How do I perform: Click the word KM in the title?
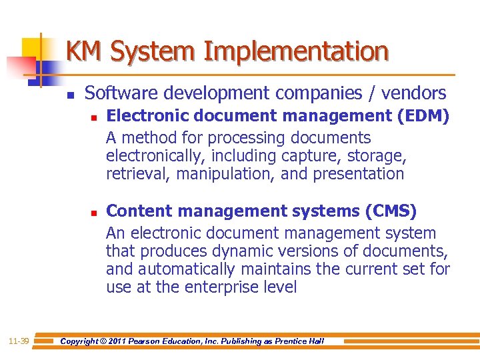(x=85, y=51)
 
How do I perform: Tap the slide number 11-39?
(x=18, y=341)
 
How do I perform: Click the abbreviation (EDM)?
(x=423, y=117)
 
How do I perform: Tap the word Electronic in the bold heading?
(x=141, y=117)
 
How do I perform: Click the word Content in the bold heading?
(x=133, y=211)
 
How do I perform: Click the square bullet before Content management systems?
(x=94, y=213)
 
